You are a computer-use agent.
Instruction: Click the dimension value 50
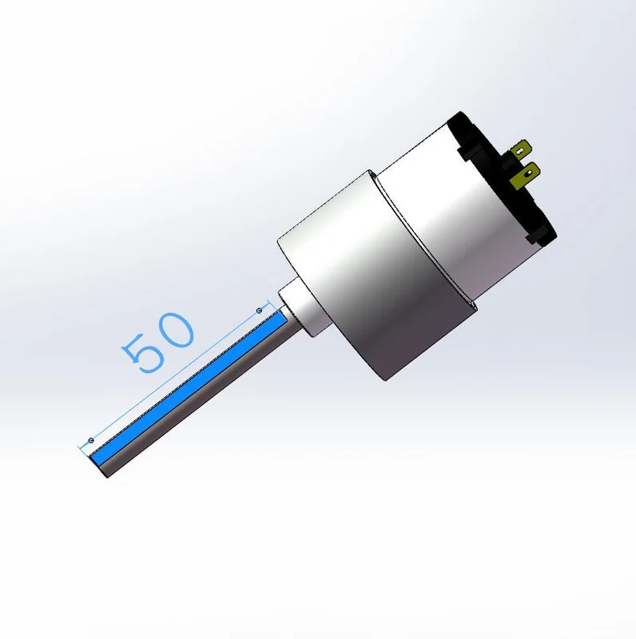(157, 343)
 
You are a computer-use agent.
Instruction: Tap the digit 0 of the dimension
(176, 330)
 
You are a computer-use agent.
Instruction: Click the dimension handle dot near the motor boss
(260, 311)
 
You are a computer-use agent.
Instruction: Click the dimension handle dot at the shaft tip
(91, 440)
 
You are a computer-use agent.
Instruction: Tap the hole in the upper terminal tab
(520, 152)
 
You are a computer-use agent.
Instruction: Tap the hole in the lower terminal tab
(529, 174)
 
